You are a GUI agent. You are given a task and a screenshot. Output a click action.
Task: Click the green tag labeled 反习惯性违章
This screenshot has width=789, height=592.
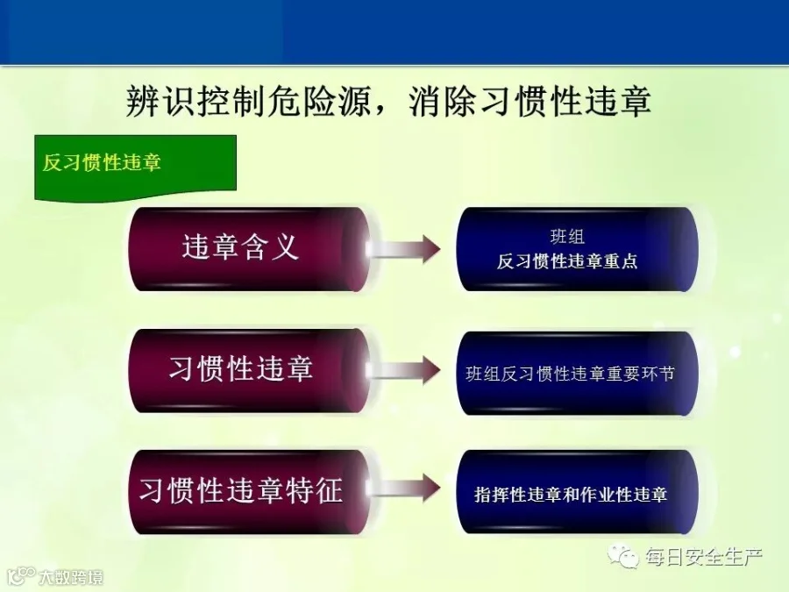click(135, 167)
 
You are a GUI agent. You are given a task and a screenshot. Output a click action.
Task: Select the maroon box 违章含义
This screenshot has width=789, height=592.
click(249, 249)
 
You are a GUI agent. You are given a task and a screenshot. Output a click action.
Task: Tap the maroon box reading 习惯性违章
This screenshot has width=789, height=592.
click(249, 370)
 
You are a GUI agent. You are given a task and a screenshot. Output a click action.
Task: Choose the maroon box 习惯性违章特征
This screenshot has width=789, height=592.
click(249, 492)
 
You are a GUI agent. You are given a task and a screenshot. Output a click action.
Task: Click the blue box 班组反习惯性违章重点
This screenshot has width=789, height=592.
click(577, 249)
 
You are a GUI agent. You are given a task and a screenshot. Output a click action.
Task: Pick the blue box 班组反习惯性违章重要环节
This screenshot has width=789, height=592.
click(577, 373)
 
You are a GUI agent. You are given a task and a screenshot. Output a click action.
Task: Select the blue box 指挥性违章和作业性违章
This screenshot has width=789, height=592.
click(577, 492)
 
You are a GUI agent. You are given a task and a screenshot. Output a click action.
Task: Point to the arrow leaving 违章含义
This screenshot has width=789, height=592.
click(404, 249)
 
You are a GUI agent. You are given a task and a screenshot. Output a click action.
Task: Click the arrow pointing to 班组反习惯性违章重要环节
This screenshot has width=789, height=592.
click(404, 370)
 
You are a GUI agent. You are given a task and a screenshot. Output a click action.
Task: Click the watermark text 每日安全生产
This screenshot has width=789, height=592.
click(704, 557)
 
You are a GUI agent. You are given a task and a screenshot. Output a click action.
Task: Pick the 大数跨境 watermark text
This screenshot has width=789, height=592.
click(71, 577)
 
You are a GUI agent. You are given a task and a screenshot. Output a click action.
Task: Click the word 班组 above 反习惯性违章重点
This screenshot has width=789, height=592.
click(567, 237)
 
